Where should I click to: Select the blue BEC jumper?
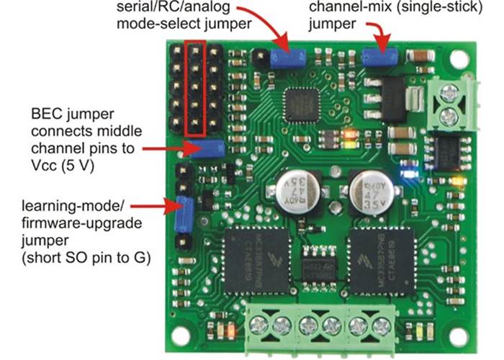coord(207,149)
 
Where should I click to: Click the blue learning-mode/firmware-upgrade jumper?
coord(183,213)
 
